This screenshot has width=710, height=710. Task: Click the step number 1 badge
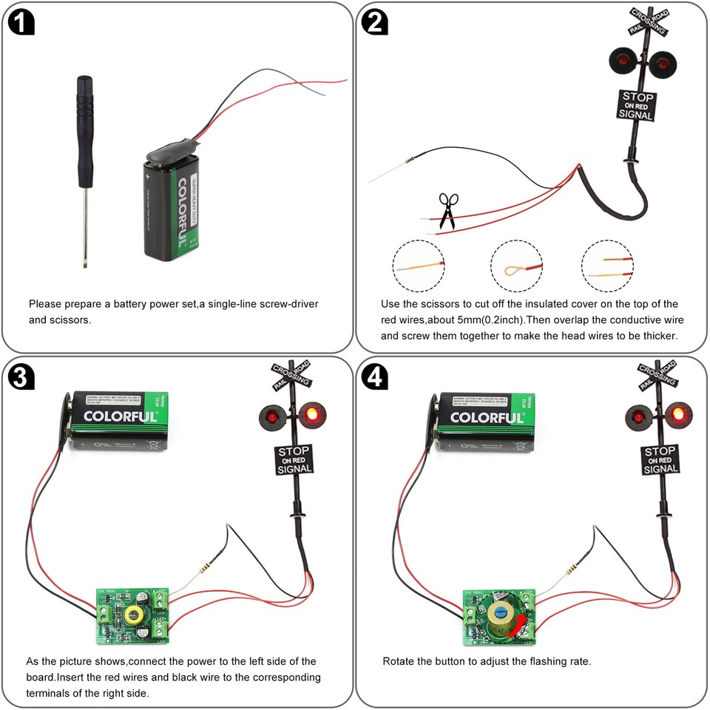(21, 23)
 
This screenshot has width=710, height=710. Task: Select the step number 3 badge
(21, 377)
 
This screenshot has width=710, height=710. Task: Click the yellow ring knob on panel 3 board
(135, 614)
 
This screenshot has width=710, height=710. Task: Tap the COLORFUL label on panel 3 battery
(120, 416)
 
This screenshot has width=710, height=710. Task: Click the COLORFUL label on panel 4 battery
(487, 416)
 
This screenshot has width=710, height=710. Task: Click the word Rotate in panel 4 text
(399, 660)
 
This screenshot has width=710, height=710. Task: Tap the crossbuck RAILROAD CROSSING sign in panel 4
(658, 374)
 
